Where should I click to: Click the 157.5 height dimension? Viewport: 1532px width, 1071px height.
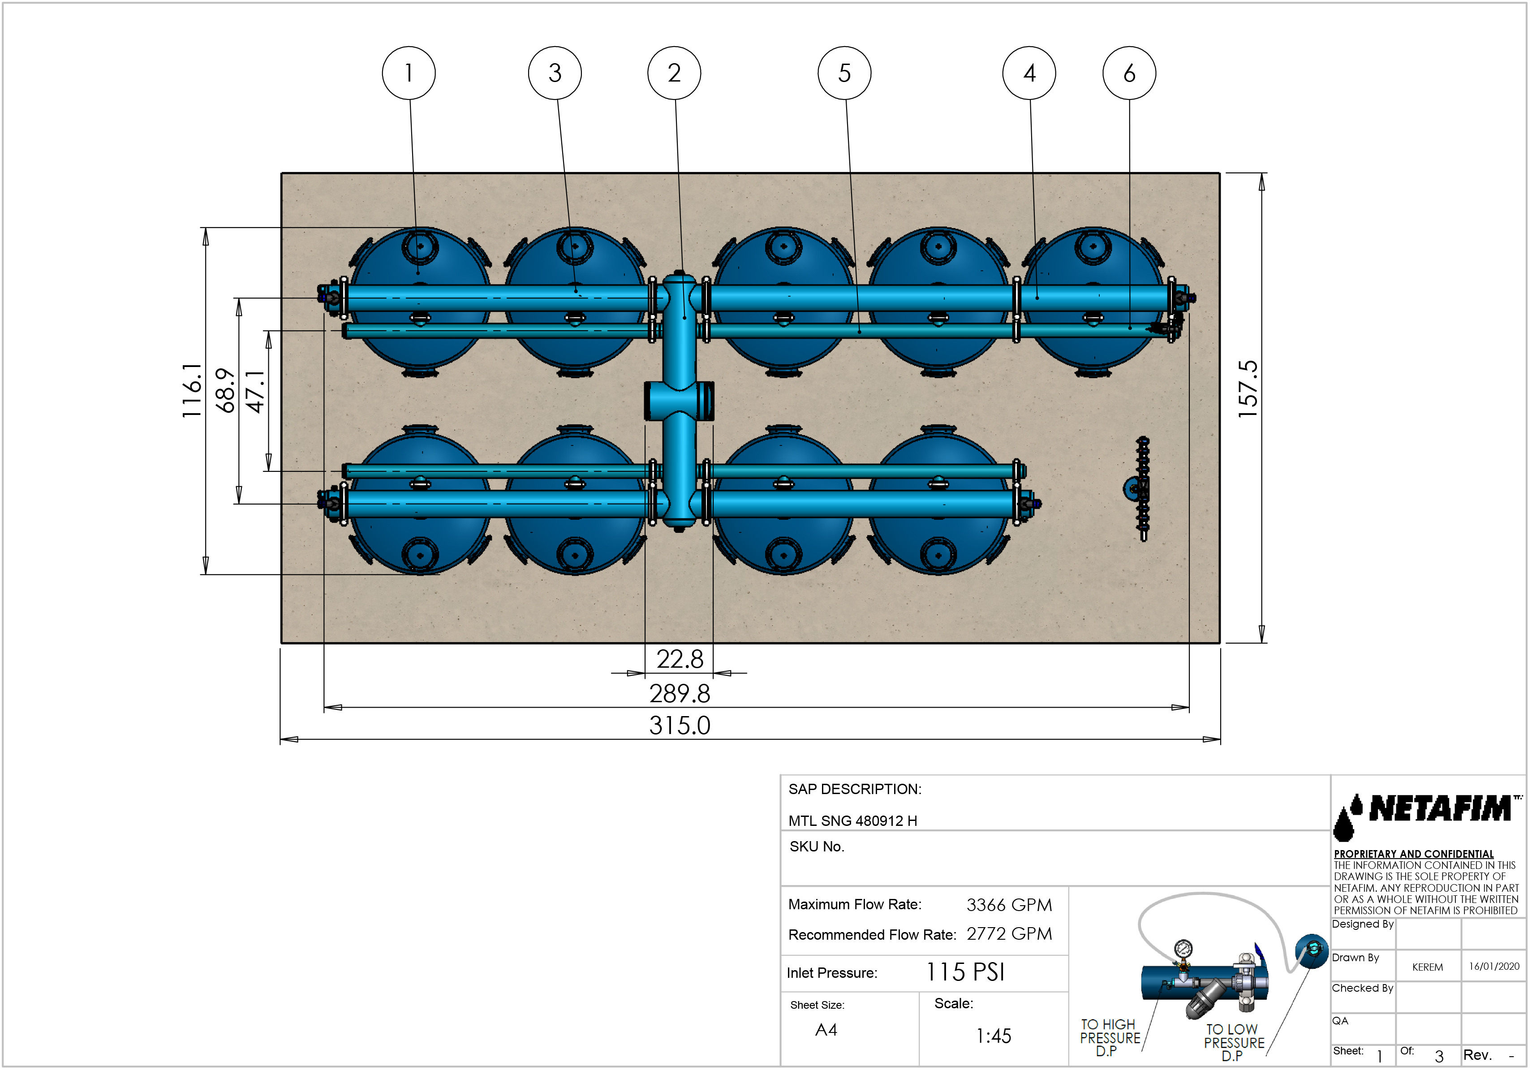click(x=1247, y=389)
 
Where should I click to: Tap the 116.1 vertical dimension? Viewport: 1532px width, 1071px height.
click(x=192, y=390)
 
